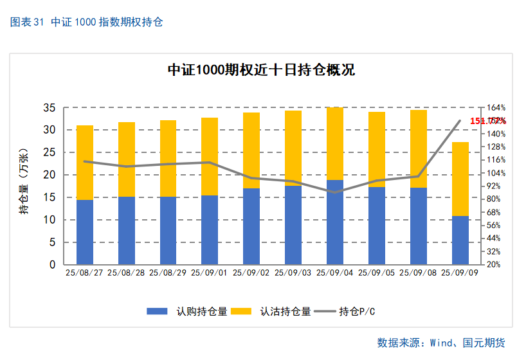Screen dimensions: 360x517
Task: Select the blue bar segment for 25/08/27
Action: coord(85,232)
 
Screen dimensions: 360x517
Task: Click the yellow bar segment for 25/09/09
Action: coord(460,179)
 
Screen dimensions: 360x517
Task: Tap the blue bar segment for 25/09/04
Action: coord(335,222)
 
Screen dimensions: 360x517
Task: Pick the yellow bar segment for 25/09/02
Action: coord(251,150)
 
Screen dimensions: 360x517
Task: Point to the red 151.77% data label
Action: coord(487,121)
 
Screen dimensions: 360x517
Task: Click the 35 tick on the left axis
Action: coord(50,107)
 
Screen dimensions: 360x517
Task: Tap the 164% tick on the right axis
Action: coord(496,107)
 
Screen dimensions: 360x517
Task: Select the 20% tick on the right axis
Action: coord(494,264)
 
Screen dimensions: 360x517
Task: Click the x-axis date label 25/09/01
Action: coord(210,273)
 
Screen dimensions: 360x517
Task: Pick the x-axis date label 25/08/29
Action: coord(168,273)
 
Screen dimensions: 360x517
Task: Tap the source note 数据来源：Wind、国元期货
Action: coord(441,343)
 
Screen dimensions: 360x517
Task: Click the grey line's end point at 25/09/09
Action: coord(460,121)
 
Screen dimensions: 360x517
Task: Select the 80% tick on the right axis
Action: coord(494,199)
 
